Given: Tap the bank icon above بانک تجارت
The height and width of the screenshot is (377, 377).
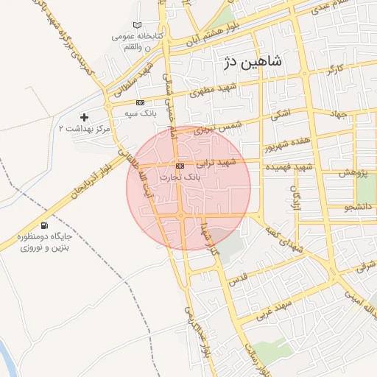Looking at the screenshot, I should pyautogui.click(x=180, y=165).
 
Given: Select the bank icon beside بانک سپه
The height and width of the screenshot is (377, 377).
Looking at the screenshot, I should pyautogui.click(x=140, y=102).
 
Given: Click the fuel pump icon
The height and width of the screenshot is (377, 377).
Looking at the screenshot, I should pyautogui.click(x=46, y=226).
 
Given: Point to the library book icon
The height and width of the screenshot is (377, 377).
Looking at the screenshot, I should pyautogui.click(x=137, y=25).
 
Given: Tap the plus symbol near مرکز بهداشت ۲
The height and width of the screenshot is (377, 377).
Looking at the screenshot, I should pyautogui.click(x=85, y=117).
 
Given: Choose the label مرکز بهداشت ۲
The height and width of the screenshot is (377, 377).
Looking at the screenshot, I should pyautogui.click(x=84, y=129).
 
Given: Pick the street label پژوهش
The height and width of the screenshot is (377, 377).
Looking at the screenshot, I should pyautogui.click(x=353, y=174).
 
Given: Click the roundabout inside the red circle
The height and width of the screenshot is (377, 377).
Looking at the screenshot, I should pyautogui.click(x=181, y=215).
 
